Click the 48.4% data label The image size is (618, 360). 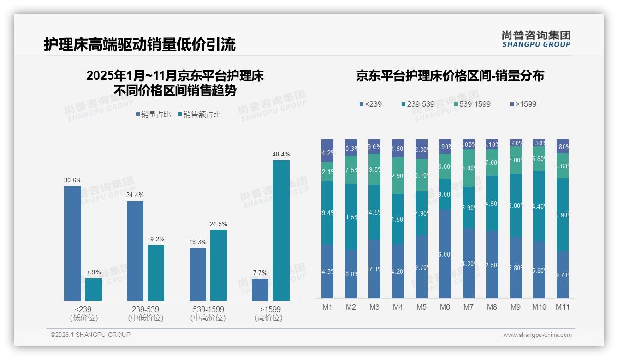(281, 154)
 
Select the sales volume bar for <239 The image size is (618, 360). (72, 243)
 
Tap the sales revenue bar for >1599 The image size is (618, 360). (281, 230)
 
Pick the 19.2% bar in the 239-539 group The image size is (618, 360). (156, 273)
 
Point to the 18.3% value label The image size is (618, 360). (198, 242)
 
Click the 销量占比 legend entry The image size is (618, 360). (153, 114)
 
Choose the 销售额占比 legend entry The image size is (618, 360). (199, 114)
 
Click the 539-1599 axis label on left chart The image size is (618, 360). (208, 309)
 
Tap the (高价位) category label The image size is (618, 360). (268, 318)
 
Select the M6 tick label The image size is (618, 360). (445, 307)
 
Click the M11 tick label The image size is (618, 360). (562, 307)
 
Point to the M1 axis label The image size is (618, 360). (327, 307)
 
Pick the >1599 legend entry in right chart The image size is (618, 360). (523, 104)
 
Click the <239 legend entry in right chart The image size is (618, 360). (371, 104)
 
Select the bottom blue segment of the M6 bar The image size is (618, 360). (445, 254)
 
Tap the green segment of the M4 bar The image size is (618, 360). (398, 176)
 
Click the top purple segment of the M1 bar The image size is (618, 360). (327, 150)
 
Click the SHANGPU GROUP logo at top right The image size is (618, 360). (536, 39)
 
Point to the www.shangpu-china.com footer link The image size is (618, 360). (537, 335)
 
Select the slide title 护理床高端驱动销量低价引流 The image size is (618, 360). (140, 44)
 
